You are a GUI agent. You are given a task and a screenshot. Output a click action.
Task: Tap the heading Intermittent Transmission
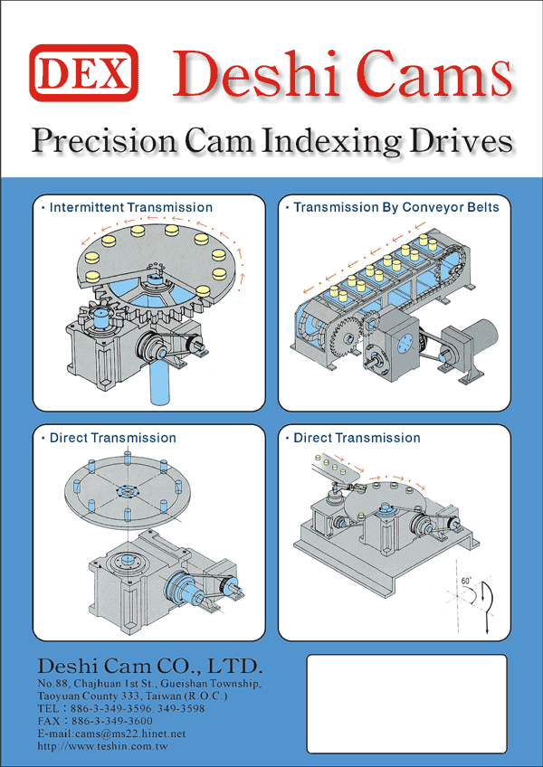click(130, 208)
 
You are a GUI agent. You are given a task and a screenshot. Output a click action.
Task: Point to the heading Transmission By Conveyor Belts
click(395, 208)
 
